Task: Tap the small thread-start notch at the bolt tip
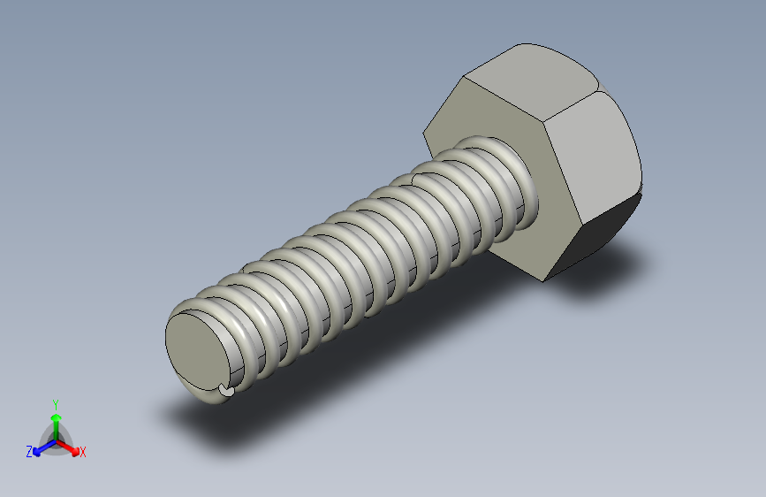225,389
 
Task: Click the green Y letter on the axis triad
56,404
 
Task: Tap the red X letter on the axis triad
82,452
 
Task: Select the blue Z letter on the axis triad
29,451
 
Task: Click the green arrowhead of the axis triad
57,417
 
